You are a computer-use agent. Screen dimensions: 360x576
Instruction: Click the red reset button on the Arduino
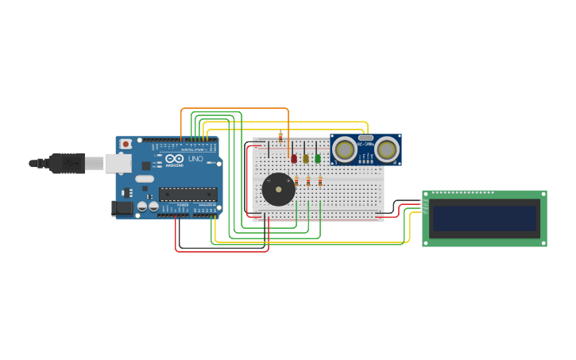pos(126,144)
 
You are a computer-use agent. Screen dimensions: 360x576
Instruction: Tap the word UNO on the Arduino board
pos(195,159)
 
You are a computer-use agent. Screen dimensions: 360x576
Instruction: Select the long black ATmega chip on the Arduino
pos(187,194)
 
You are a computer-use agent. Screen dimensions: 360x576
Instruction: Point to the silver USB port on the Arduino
pos(118,163)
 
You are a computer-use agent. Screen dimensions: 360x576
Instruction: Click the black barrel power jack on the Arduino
pos(121,208)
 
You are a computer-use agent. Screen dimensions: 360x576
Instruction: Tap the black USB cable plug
pos(67,164)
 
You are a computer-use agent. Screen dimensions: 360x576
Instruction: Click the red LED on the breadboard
pos(294,158)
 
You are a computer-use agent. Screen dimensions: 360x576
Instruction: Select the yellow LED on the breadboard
pos(306,158)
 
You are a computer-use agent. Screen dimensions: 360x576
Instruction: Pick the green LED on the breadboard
pos(318,158)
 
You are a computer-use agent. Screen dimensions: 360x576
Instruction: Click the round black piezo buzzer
pos(278,190)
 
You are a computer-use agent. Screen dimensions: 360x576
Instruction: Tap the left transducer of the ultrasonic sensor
pos(345,149)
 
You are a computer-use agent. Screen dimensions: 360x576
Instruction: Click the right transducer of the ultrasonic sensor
pos(386,149)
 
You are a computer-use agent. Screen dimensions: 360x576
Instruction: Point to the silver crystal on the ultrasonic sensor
pos(365,137)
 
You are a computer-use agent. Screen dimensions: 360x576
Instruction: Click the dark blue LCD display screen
pos(485,219)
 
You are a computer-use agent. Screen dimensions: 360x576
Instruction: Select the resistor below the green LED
pos(320,181)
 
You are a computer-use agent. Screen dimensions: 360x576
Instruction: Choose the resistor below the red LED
pos(296,181)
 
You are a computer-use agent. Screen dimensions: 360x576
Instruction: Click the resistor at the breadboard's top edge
pos(280,136)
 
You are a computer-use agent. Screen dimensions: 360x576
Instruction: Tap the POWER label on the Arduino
pos(183,205)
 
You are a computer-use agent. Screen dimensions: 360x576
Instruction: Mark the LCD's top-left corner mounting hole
pos(426,194)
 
